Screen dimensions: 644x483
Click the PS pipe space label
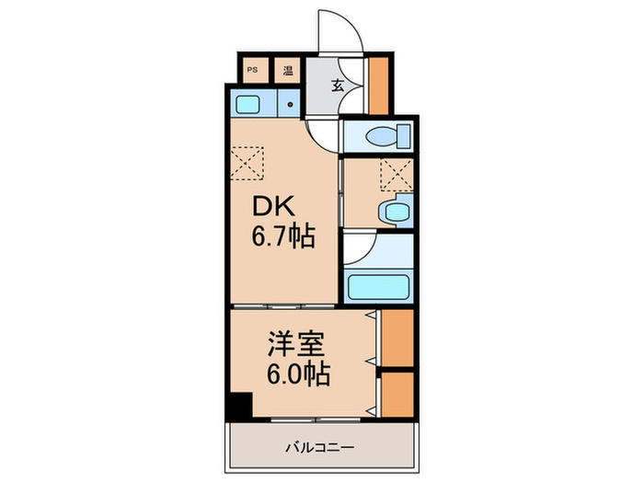[252, 70]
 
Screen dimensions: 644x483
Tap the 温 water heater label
[288, 70]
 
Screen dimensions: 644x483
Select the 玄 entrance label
[338, 86]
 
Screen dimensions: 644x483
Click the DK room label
[273, 206]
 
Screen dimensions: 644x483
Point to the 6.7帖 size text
[283, 236]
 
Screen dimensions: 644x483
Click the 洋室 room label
[297, 343]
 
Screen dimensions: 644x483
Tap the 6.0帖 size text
[299, 374]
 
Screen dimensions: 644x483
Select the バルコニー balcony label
[319, 447]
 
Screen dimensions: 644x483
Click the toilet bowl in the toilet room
[387, 136]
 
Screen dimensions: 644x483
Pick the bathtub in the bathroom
[378, 287]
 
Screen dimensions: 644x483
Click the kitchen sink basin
[247, 104]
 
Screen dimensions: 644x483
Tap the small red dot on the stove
[290, 105]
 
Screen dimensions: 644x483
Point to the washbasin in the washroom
[395, 212]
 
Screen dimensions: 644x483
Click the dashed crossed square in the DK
[247, 164]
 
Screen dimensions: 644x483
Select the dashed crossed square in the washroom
[396, 175]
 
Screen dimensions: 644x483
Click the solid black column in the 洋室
[240, 406]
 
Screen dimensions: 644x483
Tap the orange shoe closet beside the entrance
[378, 86]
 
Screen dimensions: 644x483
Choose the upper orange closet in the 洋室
[397, 338]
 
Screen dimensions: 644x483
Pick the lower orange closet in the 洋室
[397, 395]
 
